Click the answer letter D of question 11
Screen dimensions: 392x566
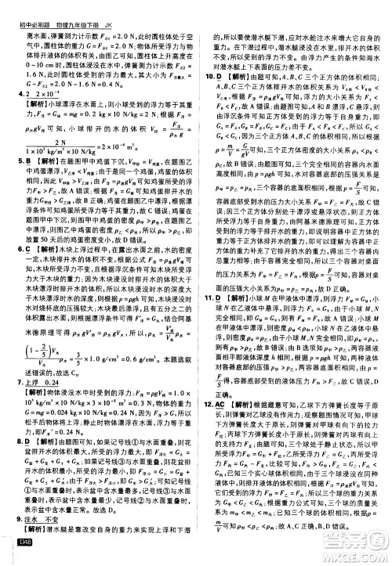[222, 276]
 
